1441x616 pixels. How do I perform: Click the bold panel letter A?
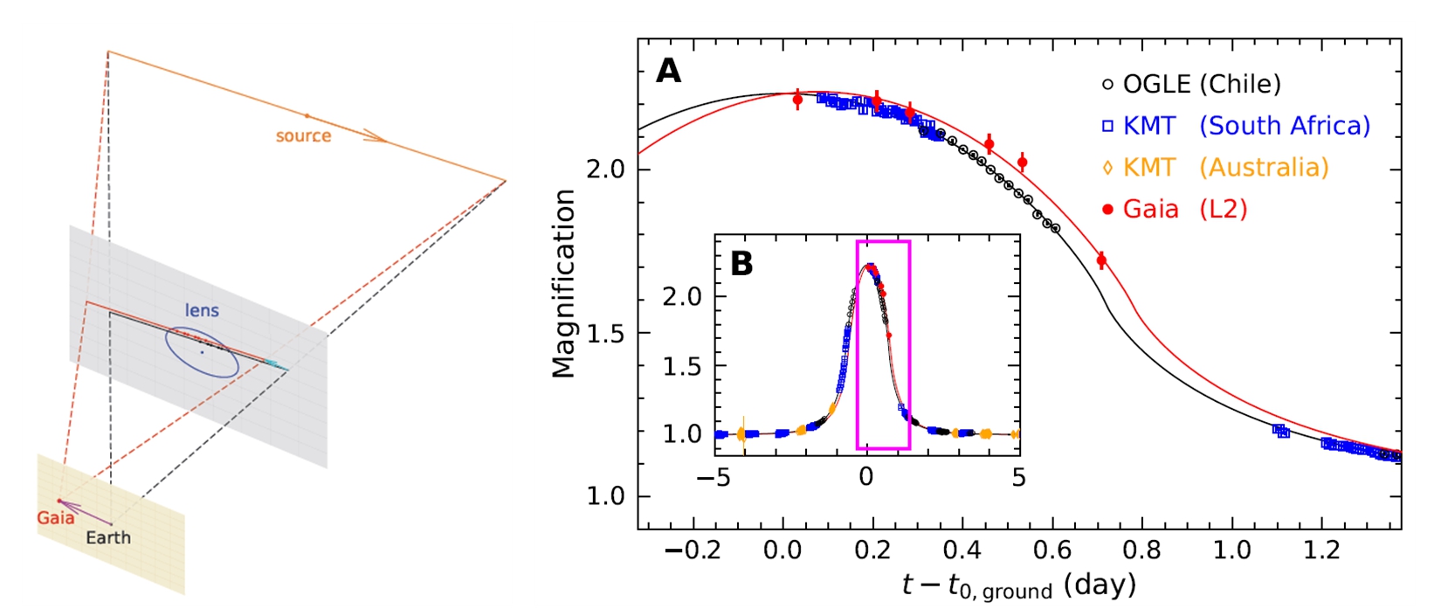click(668, 71)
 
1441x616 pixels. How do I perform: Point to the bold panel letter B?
click(741, 263)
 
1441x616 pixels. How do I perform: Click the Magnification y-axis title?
click(564, 284)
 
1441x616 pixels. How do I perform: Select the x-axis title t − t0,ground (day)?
click(1018, 585)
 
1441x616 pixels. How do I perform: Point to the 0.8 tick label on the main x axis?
click(1141, 550)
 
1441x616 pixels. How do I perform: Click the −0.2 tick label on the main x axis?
click(693, 550)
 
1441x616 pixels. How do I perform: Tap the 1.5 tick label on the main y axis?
click(608, 333)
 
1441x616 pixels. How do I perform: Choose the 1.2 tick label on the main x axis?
click(1321, 550)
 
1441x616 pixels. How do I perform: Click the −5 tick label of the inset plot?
click(715, 477)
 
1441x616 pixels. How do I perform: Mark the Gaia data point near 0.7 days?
click(1101, 260)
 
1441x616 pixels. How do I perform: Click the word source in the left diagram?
click(303, 136)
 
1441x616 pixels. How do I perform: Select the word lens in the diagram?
click(202, 310)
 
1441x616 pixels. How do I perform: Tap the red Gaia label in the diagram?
click(55, 518)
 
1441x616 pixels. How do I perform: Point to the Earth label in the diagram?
click(108, 537)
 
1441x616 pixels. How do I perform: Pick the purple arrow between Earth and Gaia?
click(85, 512)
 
